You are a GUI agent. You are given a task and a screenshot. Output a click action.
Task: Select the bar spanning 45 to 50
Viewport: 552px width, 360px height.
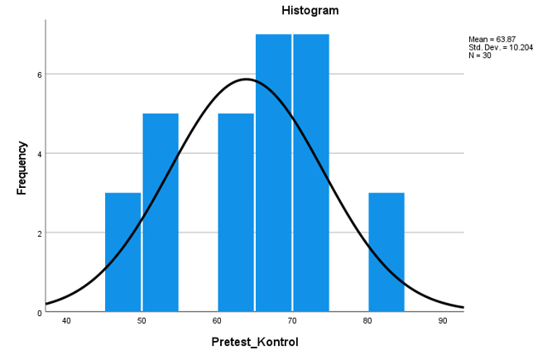point(122,252)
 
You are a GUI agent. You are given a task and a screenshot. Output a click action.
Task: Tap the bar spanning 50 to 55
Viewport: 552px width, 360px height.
point(161,213)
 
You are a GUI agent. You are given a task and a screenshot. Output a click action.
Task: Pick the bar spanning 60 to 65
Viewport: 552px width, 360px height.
point(236,213)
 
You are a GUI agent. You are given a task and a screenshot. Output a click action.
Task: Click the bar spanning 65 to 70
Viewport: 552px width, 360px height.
point(273,173)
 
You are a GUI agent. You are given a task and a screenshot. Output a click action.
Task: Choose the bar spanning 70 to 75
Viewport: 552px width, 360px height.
point(311,173)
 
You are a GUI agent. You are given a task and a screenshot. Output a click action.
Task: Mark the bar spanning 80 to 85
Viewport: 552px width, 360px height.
point(386,252)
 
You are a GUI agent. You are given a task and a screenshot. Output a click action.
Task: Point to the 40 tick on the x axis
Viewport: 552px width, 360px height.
point(66,321)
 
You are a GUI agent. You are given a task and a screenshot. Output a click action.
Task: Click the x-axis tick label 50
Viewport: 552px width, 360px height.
point(142,321)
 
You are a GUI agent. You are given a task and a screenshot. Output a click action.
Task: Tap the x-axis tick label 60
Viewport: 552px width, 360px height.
point(217,321)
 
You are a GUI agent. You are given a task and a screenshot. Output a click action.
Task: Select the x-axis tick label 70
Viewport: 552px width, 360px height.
point(292,321)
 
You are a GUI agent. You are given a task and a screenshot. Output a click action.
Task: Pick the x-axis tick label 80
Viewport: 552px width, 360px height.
point(367,321)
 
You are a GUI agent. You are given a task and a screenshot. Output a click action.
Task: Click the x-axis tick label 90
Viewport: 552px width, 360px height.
point(443,321)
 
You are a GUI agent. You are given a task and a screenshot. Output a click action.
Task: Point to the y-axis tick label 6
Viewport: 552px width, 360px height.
point(39,74)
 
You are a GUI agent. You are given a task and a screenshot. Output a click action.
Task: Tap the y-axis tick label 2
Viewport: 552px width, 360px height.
point(39,233)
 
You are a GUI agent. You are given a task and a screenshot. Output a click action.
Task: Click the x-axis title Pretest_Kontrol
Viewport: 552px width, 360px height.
point(254,343)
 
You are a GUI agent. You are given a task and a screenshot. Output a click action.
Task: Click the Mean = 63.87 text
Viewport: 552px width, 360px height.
point(492,39)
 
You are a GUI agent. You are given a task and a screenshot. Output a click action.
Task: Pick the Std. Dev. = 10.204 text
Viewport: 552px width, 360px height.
point(500,47)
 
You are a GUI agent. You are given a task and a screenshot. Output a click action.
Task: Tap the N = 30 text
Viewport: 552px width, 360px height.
point(480,55)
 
